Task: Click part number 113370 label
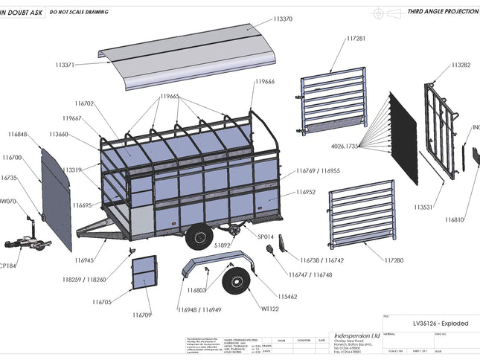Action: (282, 19)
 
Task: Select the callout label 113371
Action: (64, 65)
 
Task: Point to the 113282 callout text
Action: (461, 65)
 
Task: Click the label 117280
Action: (394, 260)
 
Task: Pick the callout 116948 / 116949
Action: (200, 309)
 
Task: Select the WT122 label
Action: (269, 309)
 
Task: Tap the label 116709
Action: (142, 315)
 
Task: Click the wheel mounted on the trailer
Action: (199, 237)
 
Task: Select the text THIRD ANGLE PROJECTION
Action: (441, 13)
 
